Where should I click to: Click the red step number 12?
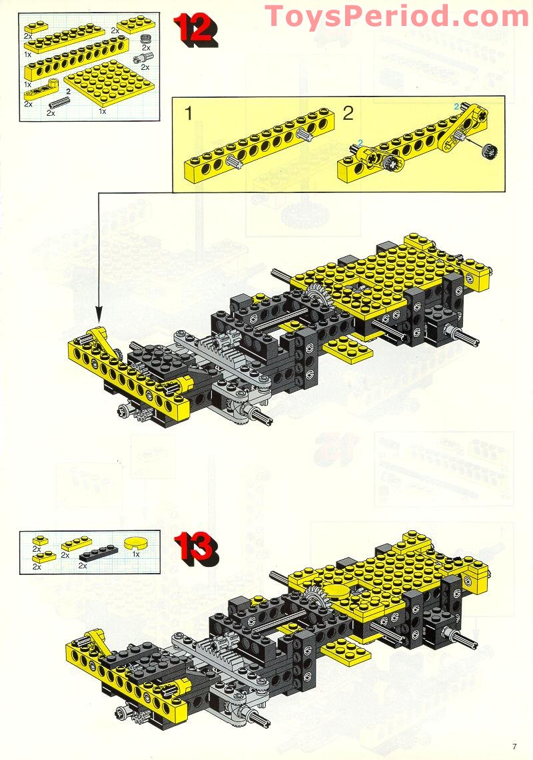click(x=195, y=29)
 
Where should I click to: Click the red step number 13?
click(x=196, y=548)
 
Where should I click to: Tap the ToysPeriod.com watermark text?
click(x=396, y=16)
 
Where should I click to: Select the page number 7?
click(x=514, y=747)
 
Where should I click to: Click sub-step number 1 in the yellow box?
click(x=189, y=113)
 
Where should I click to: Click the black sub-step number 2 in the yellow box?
click(x=348, y=113)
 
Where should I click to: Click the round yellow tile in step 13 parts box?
click(x=136, y=542)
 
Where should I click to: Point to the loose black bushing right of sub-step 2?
click(x=488, y=151)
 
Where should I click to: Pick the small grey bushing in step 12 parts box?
click(x=145, y=40)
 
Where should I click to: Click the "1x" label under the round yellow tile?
click(x=136, y=554)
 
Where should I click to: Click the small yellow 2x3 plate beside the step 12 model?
click(x=348, y=349)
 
